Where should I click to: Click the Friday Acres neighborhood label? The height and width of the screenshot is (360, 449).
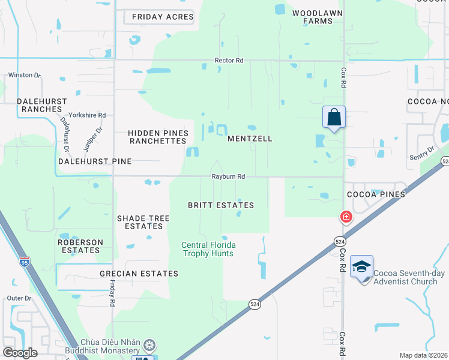[x=163, y=17]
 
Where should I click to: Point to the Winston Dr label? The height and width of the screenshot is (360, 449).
[x=24, y=76]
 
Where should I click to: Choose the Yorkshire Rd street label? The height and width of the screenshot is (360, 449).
[x=87, y=115]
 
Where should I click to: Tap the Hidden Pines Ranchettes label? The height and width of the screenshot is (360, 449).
[x=158, y=137]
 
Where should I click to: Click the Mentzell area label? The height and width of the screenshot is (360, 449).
[x=250, y=139]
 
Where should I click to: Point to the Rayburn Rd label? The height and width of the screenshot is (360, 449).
[x=228, y=177]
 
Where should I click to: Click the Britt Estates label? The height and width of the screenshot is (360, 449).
[x=221, y=205]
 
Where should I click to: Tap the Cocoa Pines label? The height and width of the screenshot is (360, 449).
[x=376, y=194]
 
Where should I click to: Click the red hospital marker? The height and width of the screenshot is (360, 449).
[x=346, y=217]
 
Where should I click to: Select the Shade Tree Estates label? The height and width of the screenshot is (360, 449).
[x=143, y=223]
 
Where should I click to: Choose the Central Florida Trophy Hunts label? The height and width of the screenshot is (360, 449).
[x=209, y=249]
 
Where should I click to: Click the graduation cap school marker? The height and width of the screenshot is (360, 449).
[x=362, y=266]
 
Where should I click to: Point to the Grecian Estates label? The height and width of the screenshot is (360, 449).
[x=139, y=274]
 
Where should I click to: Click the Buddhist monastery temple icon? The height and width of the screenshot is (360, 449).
[x=149, y=345]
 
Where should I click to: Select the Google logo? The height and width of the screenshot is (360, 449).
[x=20, y=353]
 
